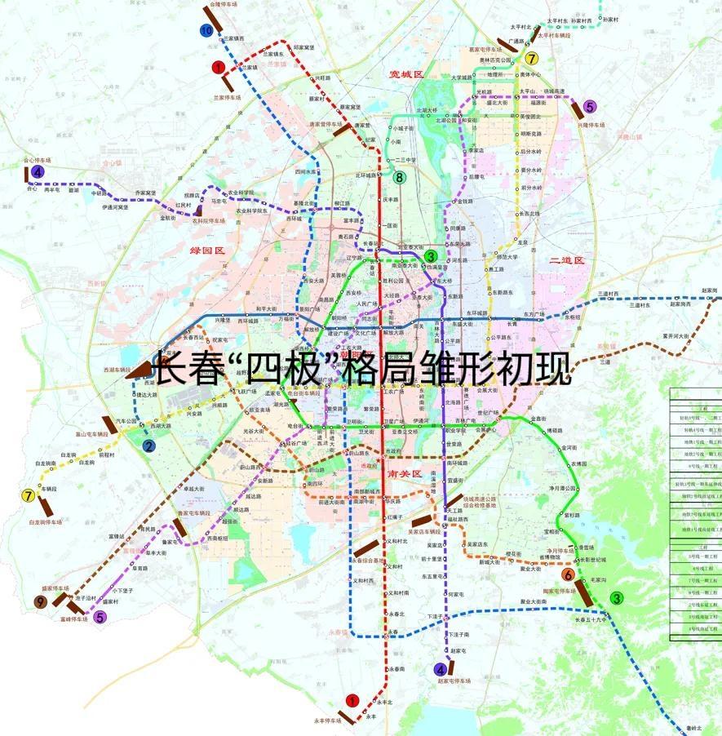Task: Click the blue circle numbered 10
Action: click(206, 30)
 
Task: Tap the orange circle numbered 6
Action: click(568, 574)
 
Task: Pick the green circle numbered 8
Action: click(399, 177)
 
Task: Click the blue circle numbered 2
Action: click(148, 446)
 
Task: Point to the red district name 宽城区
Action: click(406, 74)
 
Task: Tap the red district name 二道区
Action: click(568, 260)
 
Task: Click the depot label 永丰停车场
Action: click(327, 721)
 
